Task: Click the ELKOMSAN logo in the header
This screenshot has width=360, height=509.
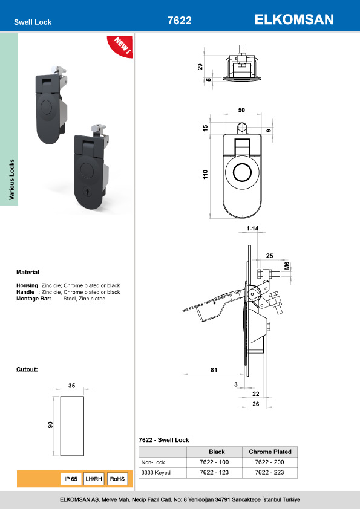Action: pos(294,20)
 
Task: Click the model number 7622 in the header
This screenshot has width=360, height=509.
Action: pos(179,21)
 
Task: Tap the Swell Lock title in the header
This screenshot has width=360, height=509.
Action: pos(33,22)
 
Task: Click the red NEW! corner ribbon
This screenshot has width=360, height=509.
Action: pos(120,47)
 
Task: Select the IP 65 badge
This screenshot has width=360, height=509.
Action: pos(71,479)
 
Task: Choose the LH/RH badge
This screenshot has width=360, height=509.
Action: pos(94,479)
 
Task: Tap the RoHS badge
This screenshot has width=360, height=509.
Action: pos(117,479)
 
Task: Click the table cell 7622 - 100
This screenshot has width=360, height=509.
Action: pos(217,462)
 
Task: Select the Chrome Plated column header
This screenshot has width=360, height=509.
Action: pos(270,452)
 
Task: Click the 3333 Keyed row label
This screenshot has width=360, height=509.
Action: pos(154,472)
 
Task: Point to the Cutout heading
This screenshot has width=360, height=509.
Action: pos(27,368)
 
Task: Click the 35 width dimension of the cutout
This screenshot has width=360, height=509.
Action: pos(71,384)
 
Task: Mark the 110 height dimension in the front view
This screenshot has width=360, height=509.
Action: pos(205,175)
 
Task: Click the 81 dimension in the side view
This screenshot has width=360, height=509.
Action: pos(214,371)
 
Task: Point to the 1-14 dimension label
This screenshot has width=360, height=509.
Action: pos(252,228)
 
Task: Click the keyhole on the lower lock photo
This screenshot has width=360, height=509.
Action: pos(85,193)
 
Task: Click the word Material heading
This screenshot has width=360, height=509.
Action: pos(27,273)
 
